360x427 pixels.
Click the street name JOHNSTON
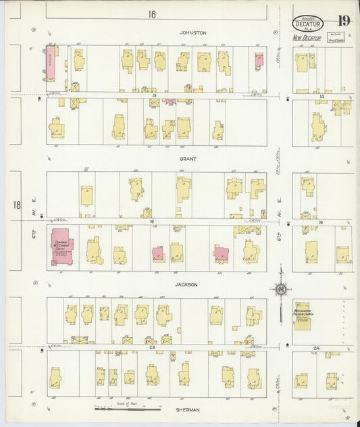point(192,32)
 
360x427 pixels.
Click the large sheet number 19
point(343,20)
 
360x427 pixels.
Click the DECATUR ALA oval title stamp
point(308,23)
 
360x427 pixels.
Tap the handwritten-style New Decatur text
point(307,38)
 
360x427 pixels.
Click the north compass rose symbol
point(280,289)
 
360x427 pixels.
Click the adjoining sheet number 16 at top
point(152,14)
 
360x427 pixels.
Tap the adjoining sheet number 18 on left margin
point(16,204)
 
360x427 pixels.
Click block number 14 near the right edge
point(322,97)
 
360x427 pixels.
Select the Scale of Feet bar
point(128,407)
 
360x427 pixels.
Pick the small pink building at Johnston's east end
point(258,61)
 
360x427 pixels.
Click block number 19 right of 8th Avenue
point(321,222)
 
